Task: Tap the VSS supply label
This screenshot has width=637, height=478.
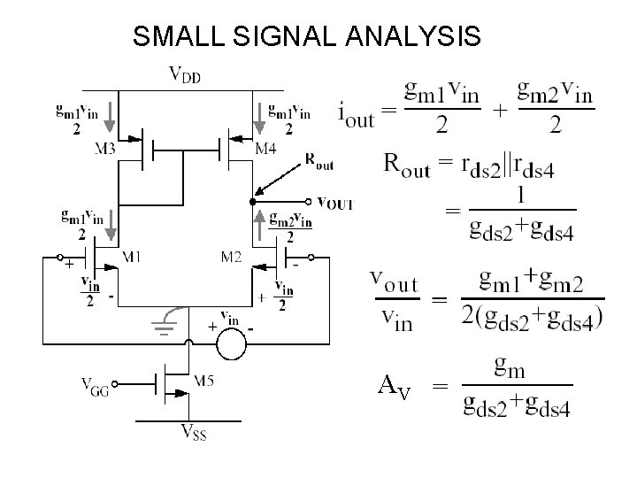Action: [194, 433]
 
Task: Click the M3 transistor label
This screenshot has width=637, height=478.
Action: [104, 149]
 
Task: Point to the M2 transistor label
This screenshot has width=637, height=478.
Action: [231, 258]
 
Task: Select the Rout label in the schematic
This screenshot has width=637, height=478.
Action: [320, 160]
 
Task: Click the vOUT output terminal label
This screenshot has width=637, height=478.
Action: [334, 203]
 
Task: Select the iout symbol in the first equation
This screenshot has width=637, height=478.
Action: [357, 112]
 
